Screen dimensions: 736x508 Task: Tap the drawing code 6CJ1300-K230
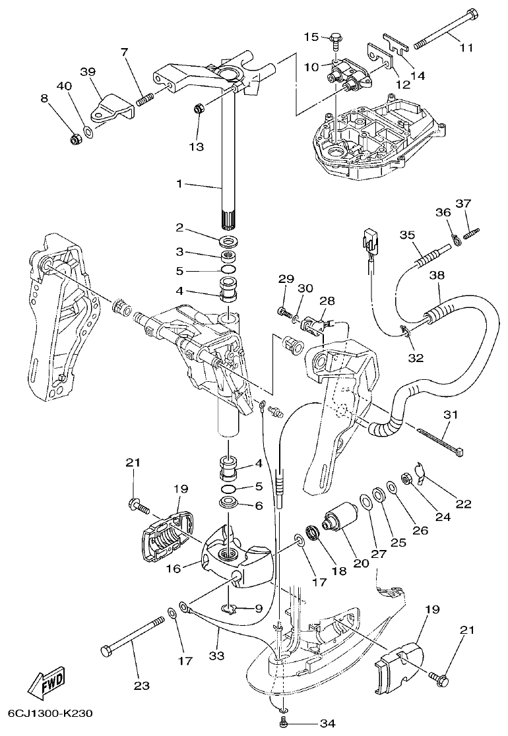(50, 714)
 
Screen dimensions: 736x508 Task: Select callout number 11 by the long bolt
(466, 47)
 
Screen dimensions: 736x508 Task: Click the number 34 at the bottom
(328, 723)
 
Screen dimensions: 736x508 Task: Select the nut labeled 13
(197, 109)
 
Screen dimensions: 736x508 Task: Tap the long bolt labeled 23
(133, 636)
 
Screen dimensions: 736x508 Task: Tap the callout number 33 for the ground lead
(217, 655)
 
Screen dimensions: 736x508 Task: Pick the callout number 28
(327, 301)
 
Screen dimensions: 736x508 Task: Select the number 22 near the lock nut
(463, 505)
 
